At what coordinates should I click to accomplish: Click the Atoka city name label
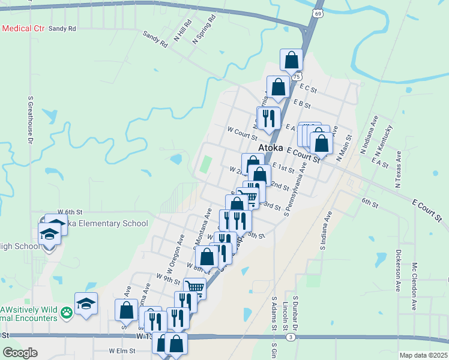[x=272, y=148]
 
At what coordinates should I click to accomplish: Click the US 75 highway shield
[x=297, y=77]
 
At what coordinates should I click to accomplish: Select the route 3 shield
[x=290, y=338]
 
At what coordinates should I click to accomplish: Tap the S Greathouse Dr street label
[x=29, y=120]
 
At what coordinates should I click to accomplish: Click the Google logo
[x=20, y=353]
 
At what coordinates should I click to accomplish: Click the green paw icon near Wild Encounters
[x=67, y=311]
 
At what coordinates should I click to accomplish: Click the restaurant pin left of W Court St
[x=268, y=117]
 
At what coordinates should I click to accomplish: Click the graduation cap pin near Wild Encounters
[x=86, y=303]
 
